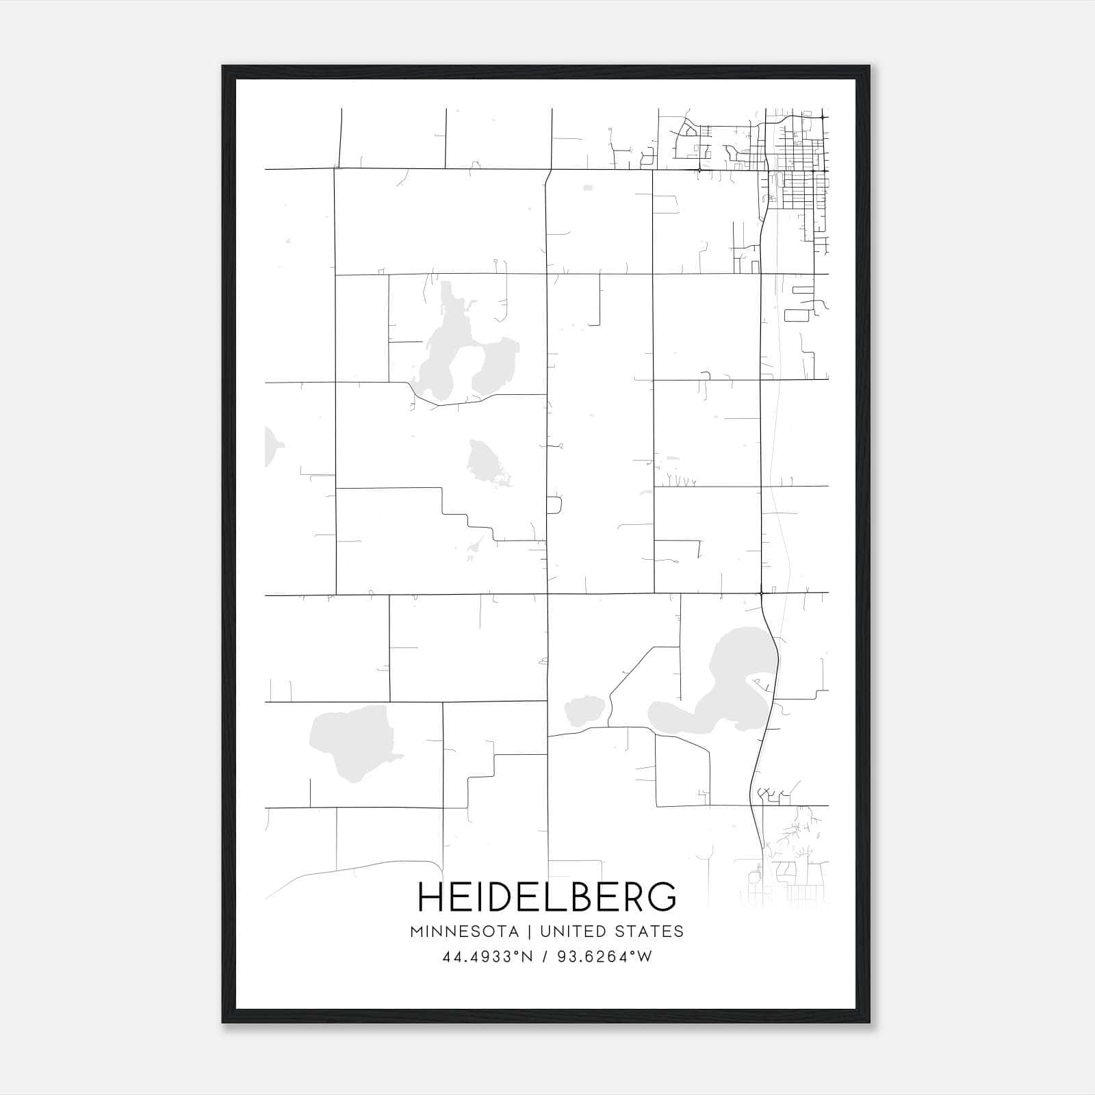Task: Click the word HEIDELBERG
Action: click(547, 897)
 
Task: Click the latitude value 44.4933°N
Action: click(487, 957)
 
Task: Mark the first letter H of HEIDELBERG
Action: click(431, 897)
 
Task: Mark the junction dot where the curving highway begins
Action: click(761, 593)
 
